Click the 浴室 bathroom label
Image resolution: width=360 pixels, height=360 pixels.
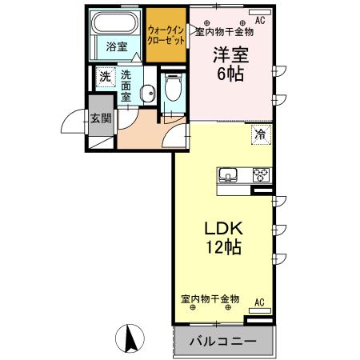coord(117,46)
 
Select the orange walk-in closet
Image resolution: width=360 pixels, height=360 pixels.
coord(166,35)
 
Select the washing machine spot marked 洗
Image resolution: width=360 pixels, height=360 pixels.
coord(106,78)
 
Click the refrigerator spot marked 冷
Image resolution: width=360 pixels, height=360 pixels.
coord(260,134)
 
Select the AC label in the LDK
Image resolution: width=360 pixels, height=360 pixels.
coord(258,302)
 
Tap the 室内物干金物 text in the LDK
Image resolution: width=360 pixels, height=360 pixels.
coord(210,298)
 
